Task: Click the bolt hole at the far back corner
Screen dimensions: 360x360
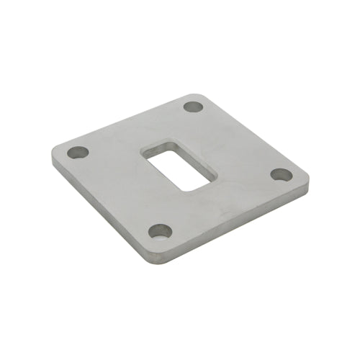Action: tap(193, 107)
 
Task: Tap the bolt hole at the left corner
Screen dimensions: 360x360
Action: tap(78, 153)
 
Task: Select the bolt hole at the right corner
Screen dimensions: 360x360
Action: tap(282, 175)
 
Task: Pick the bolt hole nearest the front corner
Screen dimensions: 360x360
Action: tap(160, 231)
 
